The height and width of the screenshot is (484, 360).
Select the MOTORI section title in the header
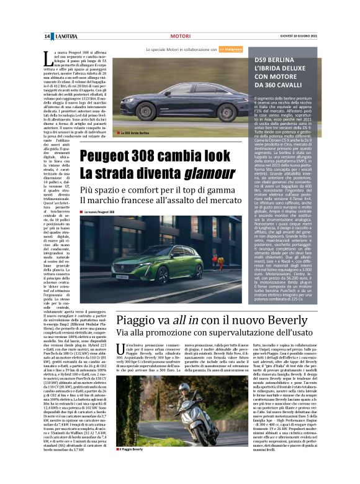pos(180,37)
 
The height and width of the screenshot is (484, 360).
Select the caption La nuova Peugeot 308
pos(100,212)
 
